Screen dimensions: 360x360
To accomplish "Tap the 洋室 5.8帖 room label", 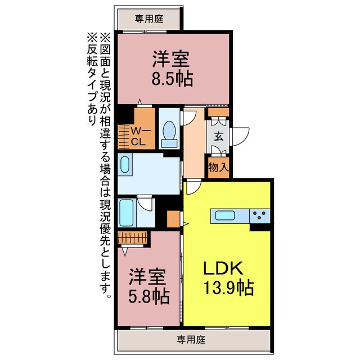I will (x=148, y=286).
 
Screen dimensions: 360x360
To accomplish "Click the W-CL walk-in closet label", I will (x=138, y=136).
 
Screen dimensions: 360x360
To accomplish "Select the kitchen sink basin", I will (x=226, y=215).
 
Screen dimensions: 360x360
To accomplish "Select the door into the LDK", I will (x=193, y=187).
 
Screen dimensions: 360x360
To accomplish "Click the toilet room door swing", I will (x=188, y=118).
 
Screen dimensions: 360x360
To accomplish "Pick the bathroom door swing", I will (x=146, y=203).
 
